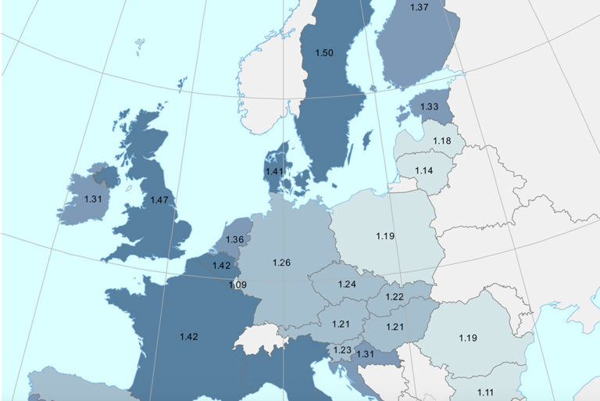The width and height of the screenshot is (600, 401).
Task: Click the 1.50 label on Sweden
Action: [324, 52]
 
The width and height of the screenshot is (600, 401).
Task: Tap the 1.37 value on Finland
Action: [420, 7]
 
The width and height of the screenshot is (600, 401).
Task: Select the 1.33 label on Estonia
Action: [430, 106]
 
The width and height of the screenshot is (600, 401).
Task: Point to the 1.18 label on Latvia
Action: [443, 141]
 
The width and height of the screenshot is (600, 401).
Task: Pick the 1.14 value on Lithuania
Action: [424, 170]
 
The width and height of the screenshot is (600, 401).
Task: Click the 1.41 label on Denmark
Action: [273, 172]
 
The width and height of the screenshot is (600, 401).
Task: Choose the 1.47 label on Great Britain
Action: [159, 200]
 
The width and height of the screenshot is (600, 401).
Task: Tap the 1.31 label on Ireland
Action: [93, 199]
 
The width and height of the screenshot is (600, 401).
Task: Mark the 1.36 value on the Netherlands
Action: [235, 239]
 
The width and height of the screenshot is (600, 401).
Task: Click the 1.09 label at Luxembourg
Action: [237, 285]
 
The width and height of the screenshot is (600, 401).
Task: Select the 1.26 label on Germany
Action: [281, 263]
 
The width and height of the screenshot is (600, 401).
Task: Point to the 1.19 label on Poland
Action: [385, 235]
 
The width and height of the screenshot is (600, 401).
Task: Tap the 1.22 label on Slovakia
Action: [394, 298]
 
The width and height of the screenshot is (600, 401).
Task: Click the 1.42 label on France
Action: [188, 336]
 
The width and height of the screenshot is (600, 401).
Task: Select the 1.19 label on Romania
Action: [469, 338]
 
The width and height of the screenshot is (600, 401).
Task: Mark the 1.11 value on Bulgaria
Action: [486, 392]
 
